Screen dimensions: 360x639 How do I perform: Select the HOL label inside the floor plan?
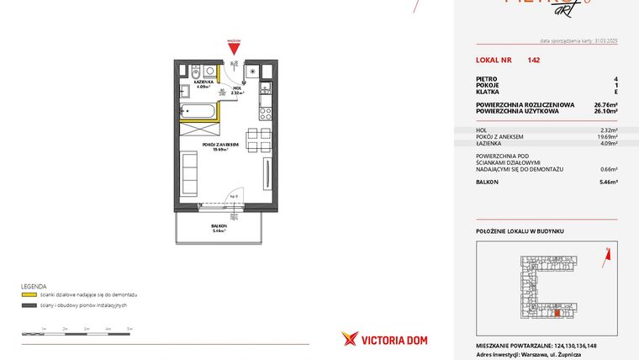click(236, 87)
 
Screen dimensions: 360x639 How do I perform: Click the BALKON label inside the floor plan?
click(220, 226)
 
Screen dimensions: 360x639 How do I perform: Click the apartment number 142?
click(534, 61)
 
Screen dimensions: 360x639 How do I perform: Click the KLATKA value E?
click(615, 92)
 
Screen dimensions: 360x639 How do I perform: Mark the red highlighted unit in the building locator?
click(556, 313)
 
